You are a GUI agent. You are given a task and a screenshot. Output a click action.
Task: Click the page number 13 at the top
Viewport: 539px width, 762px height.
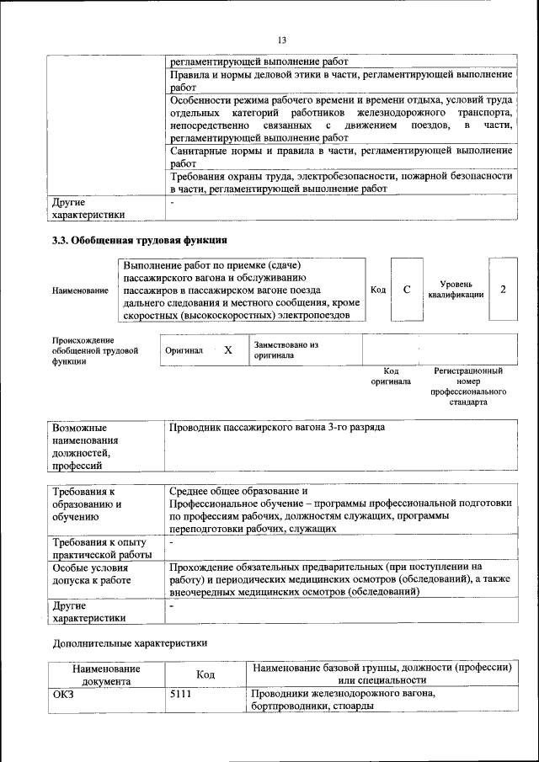[282, 40]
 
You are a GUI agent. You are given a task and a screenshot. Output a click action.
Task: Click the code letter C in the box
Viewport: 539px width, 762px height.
[407, 290]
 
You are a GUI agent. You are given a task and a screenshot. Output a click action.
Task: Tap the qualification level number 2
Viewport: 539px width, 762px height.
[503, 290]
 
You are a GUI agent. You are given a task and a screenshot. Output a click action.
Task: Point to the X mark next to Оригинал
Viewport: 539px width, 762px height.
[227, 349]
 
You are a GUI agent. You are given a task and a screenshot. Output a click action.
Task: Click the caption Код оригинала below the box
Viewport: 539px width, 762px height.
[391, 376]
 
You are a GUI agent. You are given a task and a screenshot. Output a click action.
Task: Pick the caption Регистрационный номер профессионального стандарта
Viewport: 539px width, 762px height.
[468, 386]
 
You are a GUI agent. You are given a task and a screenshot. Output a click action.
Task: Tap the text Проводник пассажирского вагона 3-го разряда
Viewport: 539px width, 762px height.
[277, 428]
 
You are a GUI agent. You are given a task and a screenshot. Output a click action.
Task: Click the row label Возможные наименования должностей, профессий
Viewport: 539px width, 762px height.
[85, 445]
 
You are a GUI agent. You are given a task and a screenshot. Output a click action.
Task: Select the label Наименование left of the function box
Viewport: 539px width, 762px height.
[80, 290]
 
